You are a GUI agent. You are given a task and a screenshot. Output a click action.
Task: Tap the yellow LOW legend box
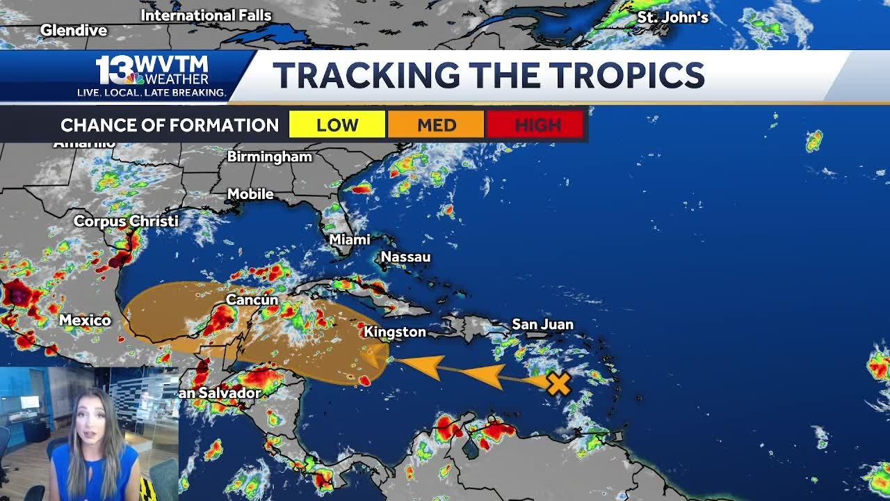click(x=337, y=125)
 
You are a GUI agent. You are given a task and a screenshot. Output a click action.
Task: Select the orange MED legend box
click(x=436, y=125)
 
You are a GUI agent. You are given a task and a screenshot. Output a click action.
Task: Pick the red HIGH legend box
click(x=535, y=125)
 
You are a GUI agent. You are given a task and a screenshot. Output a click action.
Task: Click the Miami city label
click(x=349, y=239)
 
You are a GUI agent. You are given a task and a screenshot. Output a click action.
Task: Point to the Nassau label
click(x=405, y=257)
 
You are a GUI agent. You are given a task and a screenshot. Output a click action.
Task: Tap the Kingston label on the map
click(x=395, y=332)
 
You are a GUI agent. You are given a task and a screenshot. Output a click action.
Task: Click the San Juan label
click(x=542, y=324)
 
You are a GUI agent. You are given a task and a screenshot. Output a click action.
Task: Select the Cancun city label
click(x=252, y=300)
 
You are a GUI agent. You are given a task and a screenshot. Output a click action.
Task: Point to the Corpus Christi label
click(x=126, y=221)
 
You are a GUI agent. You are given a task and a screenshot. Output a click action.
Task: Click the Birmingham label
click(x=270, y=157)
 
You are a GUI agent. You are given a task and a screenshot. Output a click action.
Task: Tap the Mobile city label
click(x=250, y=194)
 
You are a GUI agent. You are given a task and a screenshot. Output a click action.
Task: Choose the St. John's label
click(x=672, y=17)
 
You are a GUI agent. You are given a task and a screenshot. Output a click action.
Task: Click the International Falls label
click(x=206, y=15)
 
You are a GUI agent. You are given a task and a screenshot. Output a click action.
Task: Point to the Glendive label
click(x=74, y=30)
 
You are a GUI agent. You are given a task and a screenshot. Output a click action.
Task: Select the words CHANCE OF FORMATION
click(x=170, y=125)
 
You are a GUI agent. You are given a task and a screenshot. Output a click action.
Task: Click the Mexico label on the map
click(x=85, y=320)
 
